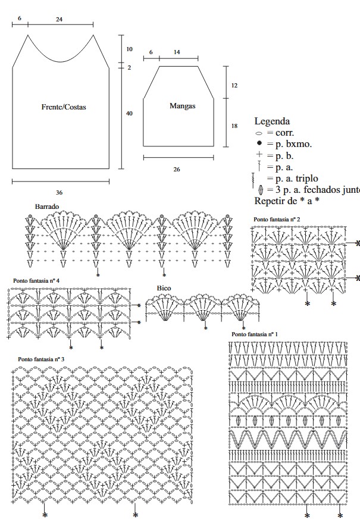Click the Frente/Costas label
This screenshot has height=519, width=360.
click(64, 107)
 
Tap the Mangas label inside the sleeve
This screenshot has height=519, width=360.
click(183, 105)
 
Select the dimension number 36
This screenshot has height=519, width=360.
click(59, 192)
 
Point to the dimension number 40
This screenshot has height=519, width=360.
click(129, 113)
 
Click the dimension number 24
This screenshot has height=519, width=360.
click(60, 20)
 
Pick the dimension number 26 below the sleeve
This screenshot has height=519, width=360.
click(177, 170)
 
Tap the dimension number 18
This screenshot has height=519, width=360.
click(234, 126)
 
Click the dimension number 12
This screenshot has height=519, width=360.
click(234, 85)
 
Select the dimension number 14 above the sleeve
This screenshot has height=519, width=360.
click(177, 52)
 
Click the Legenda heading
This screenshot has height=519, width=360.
click(272, 121)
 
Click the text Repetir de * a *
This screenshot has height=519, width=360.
click(287, 200)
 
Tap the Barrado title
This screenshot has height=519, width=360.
click(47, 206)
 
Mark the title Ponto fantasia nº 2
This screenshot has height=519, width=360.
click(277, 220)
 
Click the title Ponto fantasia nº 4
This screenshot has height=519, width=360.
click(36, 280)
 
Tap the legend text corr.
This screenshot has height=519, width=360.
click(284, 133)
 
